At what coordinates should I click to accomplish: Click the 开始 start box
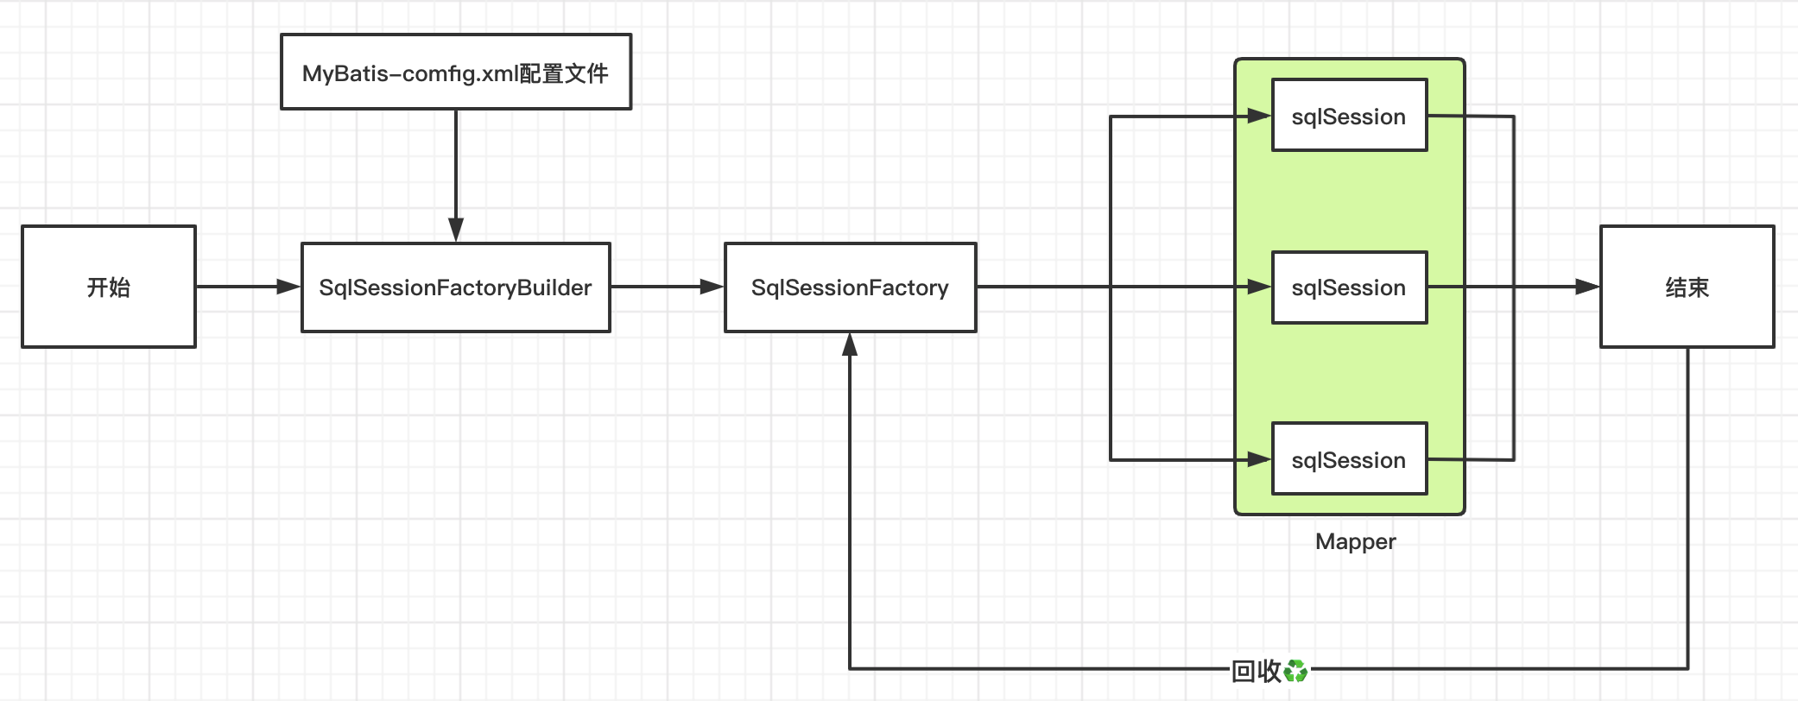click(x=109, y=287)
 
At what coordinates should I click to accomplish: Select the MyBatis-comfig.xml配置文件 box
click(x=456, y=73)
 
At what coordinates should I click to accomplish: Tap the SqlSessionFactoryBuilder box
click(x=456, y=287)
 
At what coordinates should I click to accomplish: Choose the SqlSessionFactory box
click(x=850, y=287)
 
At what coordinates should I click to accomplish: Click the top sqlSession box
click(x=1349, y=116)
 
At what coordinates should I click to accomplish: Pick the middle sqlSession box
click(x=1349, y=287)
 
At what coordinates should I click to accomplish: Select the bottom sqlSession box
click(x=1349, y=459)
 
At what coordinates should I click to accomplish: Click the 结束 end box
click(x=1687, y=287)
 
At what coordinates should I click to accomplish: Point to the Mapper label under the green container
click(x=1355, y=541)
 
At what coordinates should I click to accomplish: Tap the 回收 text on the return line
click(x=1257, y=670)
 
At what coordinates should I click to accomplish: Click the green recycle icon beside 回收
click(x=1296, y=670)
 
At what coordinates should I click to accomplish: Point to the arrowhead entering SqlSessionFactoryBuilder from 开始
click(x=288, y=287)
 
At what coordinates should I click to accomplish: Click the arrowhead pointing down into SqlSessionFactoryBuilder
click(x=456, y=230)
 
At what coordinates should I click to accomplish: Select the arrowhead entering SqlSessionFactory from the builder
click(x=712, y=287)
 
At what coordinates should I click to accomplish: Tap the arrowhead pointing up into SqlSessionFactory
click(x=850, y=345)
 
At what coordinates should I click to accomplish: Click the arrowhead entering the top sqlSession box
click(x=1259, y=116)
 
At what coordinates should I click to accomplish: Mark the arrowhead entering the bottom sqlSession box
click(x=1259, y=459)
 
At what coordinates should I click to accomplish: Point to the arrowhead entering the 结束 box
click(x=1587, y=287)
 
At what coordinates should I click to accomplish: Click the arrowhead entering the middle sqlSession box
click(x=1259, y=287)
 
